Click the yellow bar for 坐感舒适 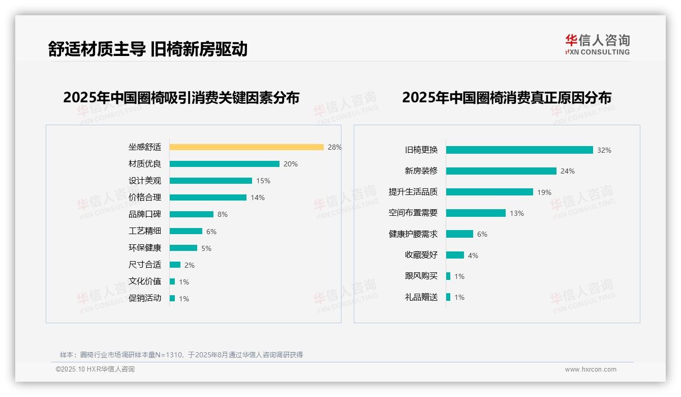[x=246, y=147]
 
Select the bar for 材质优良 [x=224, y=164]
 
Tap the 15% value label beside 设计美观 [x=263, y=181]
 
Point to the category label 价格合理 [x=145, y=197]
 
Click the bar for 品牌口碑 [x=191, y=214]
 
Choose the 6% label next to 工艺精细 [x=211, y=232]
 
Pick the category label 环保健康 [x=145, y=248]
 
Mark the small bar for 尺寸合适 [x=175, y=265]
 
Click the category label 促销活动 [x=145, y=298]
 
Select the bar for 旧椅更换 [x=519, y=150]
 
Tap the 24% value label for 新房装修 [x=568, y=172]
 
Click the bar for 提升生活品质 [x=489, y=192]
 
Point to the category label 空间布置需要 [x=413, y=213]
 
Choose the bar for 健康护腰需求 [x=459, y=234]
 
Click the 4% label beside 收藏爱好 [x=473, y=256]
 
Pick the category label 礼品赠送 [x=421, y=297]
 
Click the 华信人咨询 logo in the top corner [x=597, y=45]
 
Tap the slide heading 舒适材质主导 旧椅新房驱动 [x=148, y=49]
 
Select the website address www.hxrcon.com [x=591, y=370]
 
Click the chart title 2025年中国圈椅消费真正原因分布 [x=506, y=97]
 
